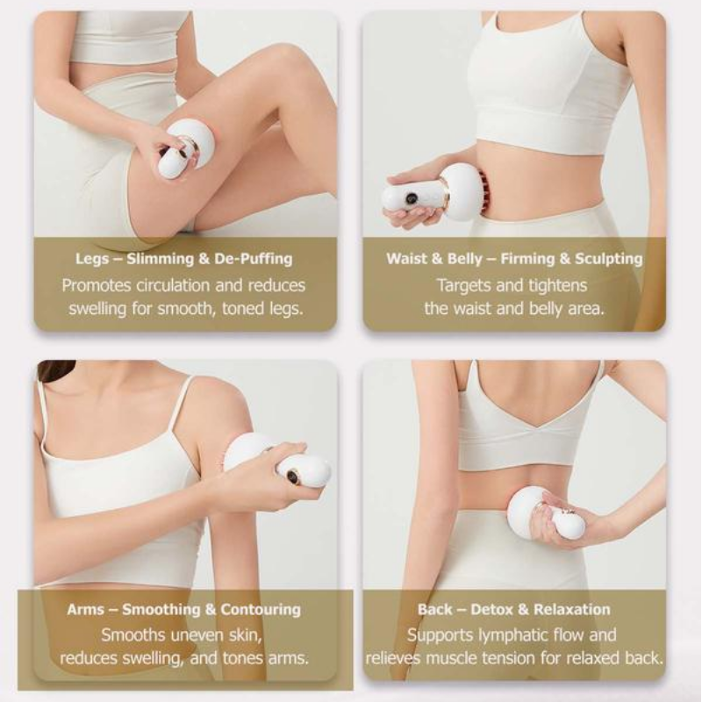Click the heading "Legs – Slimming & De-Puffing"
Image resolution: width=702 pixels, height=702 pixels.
pos(183,259)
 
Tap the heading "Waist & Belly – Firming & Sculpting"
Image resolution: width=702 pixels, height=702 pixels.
pos(514,259)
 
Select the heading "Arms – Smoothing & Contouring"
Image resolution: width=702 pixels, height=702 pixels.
pos(183,609)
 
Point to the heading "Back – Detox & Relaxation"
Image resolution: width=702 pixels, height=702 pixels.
pos(514,609)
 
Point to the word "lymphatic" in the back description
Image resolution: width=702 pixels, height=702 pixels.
pos(525,634)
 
